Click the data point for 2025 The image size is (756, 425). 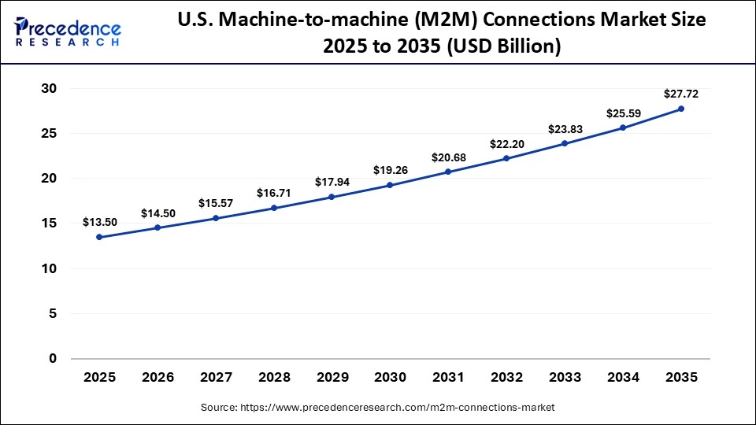(x=99, y=237)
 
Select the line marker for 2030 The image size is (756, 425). (x=390, y=185)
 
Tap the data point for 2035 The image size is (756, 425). (x=681, y=109)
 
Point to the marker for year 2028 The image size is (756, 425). (x=274, y=208)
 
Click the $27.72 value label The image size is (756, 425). (x=681, y=94)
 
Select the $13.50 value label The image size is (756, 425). (x=99, y=222)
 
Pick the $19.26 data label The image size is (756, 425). (x=390, y=169)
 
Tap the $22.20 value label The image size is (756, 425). (x=506, y=143)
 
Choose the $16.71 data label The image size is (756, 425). (x=274, y=193)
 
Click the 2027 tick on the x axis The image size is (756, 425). (x=216, y=378)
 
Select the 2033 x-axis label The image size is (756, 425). (x=565, y=378)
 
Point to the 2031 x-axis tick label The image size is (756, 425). (x=448, y=378)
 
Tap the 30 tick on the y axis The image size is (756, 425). (x=49, y=89)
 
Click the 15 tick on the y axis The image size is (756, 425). (x=49, y=224)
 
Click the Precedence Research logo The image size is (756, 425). (x=67, y=33)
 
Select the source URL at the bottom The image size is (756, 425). (x=377, y=408)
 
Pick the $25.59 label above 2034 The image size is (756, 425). (x=623, y=113)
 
